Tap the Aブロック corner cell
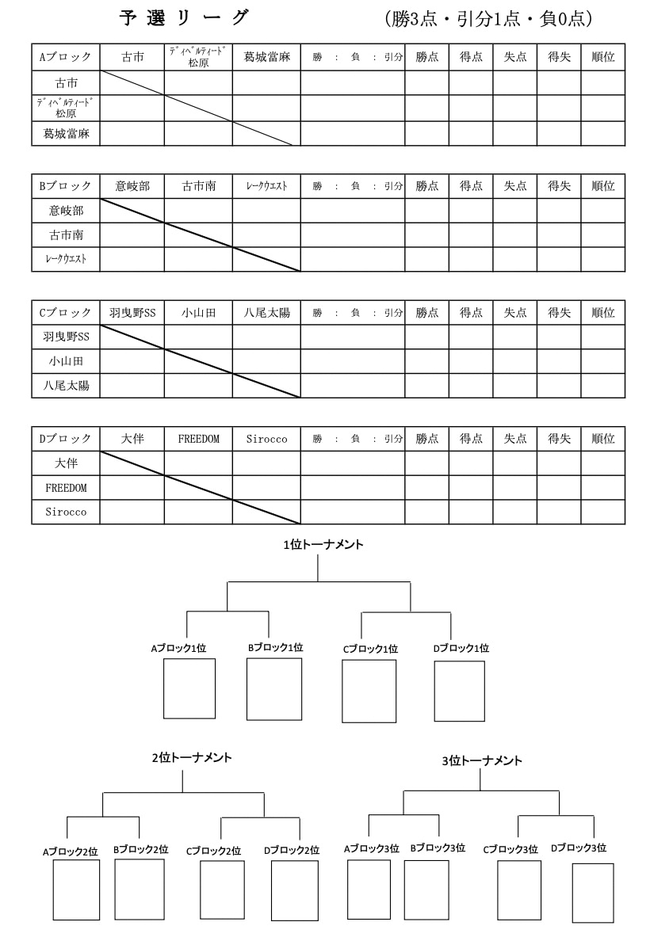(x=66, y=57)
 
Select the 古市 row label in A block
(x=66, y=83)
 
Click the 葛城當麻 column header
(x=266, y=57)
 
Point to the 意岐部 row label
(x=66, y=211)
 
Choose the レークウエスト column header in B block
(x=266, y=186)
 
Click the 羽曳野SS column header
(x=132, y=313)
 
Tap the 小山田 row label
(x=66, y=361)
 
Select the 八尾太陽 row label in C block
(x=66, y=386)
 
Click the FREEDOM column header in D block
(x=199, y=439)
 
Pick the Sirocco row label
(x=66, y=512)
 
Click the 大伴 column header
(x=132, y=439)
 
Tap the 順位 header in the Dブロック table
(x=603, y=439)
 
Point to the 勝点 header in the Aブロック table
(x=427, y=57)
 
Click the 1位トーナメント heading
(x=323, y=545)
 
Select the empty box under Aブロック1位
(x=189, y=688)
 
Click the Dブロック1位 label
(x=461, y=648)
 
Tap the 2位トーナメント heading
(x=192, y=757)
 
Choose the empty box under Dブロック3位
(x=593, y=893)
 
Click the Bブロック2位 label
(x=140, y=850)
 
